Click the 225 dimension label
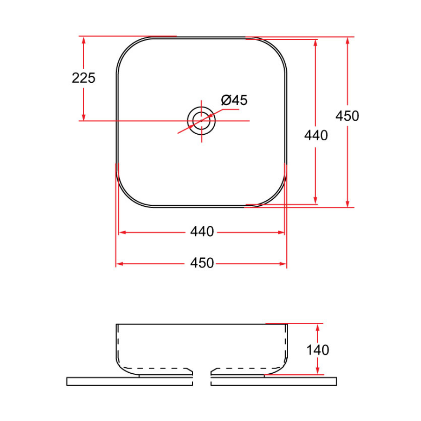pos(83,78)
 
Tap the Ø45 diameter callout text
pos(234,100)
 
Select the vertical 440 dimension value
pos(316,136)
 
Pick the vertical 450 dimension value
pos(347,116)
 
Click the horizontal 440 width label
pos(202,232)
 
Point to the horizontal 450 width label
pos(202,263)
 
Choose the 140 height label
pos(318,349)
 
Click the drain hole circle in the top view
pos(202,120)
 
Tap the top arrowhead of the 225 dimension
pos(84,40)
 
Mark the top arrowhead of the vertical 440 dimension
pos(316,43)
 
